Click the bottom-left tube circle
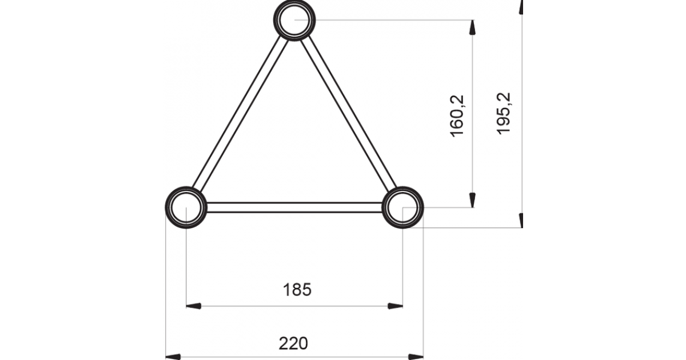(x=186, y=207)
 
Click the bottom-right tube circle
(x=402, y=207)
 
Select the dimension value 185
(x=297, y=290)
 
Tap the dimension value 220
(x=294, y=343)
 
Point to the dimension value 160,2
(x=458, y=115)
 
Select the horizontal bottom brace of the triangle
(x=294, y=207)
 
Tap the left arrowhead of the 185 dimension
(x=194, y=306)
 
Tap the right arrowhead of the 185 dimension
(x=395, y=306)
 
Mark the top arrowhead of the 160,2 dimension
(x=472, y=28)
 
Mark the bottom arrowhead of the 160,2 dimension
(x=472, y=199)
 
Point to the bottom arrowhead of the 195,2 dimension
(x=521, y=220)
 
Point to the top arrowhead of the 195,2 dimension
(x=521, y=7)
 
